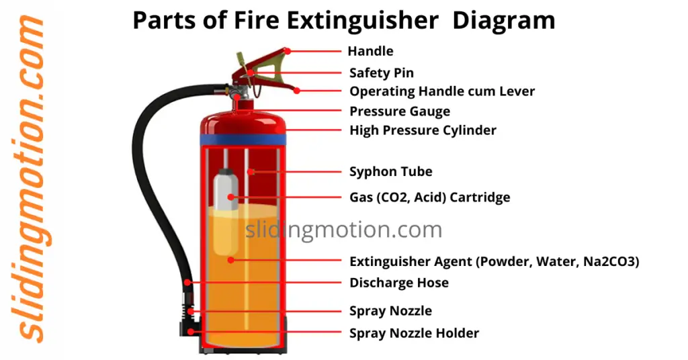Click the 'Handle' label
[x=370, y=52]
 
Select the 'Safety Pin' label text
[x=382, y=73]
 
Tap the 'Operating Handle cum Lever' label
[x=442, y=91]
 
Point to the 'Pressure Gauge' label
[x=400, y=111]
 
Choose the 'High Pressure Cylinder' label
[x=423, y=130]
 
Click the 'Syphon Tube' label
[x=391, y=173]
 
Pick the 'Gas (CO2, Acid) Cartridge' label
[x=429, y=197]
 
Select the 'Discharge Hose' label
[x=399, y=283]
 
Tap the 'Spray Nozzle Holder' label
[x=414, y=333]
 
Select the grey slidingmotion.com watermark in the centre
[x=343, y=230]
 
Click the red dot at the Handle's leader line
[x=287, y=50]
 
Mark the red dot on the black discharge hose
[x=189, y=282]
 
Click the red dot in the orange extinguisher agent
[x=230, y=259]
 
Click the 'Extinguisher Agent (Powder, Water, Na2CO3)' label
[x=494, y=262]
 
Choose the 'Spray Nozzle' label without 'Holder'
[x=390, y=311]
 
